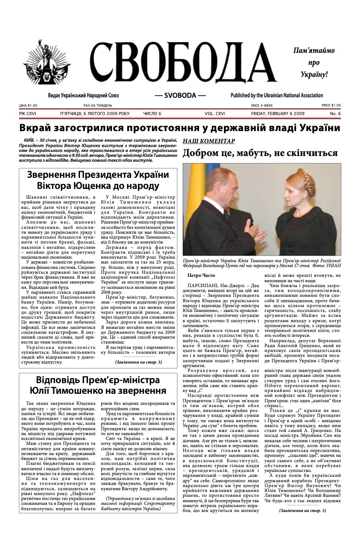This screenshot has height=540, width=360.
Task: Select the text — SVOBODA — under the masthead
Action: (180, 96)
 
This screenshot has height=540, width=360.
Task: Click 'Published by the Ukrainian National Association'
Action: (276, 96)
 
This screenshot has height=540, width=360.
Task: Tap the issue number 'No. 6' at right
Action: (335, 114)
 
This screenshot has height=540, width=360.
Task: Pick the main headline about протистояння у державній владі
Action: (180, 128)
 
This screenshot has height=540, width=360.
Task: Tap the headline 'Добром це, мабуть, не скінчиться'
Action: (260, 153)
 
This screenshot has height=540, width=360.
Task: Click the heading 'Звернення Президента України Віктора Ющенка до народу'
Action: (98, 180)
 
